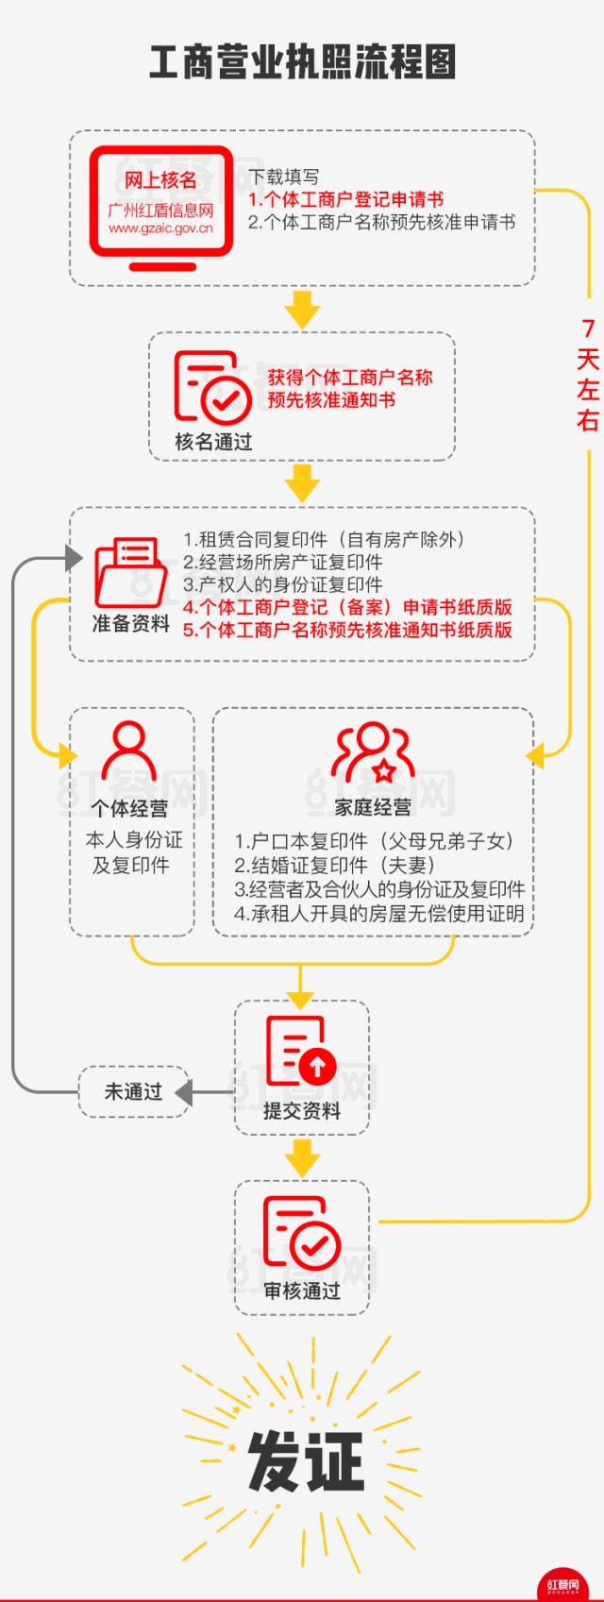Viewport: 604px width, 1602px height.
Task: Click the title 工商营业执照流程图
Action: click(x=302, y=62)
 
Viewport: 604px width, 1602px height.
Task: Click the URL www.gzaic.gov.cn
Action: click(x=160, y=228)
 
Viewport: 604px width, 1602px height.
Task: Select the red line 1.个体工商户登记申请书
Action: click(x=346, y=199)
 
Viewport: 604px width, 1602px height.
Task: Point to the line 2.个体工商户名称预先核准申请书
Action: click(x=381, y=223)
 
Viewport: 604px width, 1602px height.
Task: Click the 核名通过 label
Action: click(x=213, y=441)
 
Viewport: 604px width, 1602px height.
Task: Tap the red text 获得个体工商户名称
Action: click(x=350, y=377)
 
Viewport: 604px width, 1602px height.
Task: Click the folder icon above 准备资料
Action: click(x=131, y=572)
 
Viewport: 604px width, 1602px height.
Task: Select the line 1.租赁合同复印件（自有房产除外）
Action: click(x=324, y=539)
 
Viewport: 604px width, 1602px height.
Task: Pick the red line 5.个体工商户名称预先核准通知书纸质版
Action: click(x=347, y=630)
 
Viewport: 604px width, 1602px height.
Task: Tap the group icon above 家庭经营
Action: click(x=373, y=752)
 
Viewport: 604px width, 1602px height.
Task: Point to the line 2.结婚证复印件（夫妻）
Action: click(x=334, y=866)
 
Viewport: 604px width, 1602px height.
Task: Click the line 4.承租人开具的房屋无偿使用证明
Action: click(x=379, y=914)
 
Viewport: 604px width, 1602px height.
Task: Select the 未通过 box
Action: click(x=134, y=1091)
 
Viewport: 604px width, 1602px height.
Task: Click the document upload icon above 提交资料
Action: click(x=301, y=1051)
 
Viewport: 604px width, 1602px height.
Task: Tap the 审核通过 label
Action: click(x=302, y=1290)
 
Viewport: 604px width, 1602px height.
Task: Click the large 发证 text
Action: click(x=306, y=1461)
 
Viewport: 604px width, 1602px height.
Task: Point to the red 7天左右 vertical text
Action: click(x=588, y=375)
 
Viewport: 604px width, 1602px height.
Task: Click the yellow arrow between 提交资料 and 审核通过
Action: click(x=302, y=1158)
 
